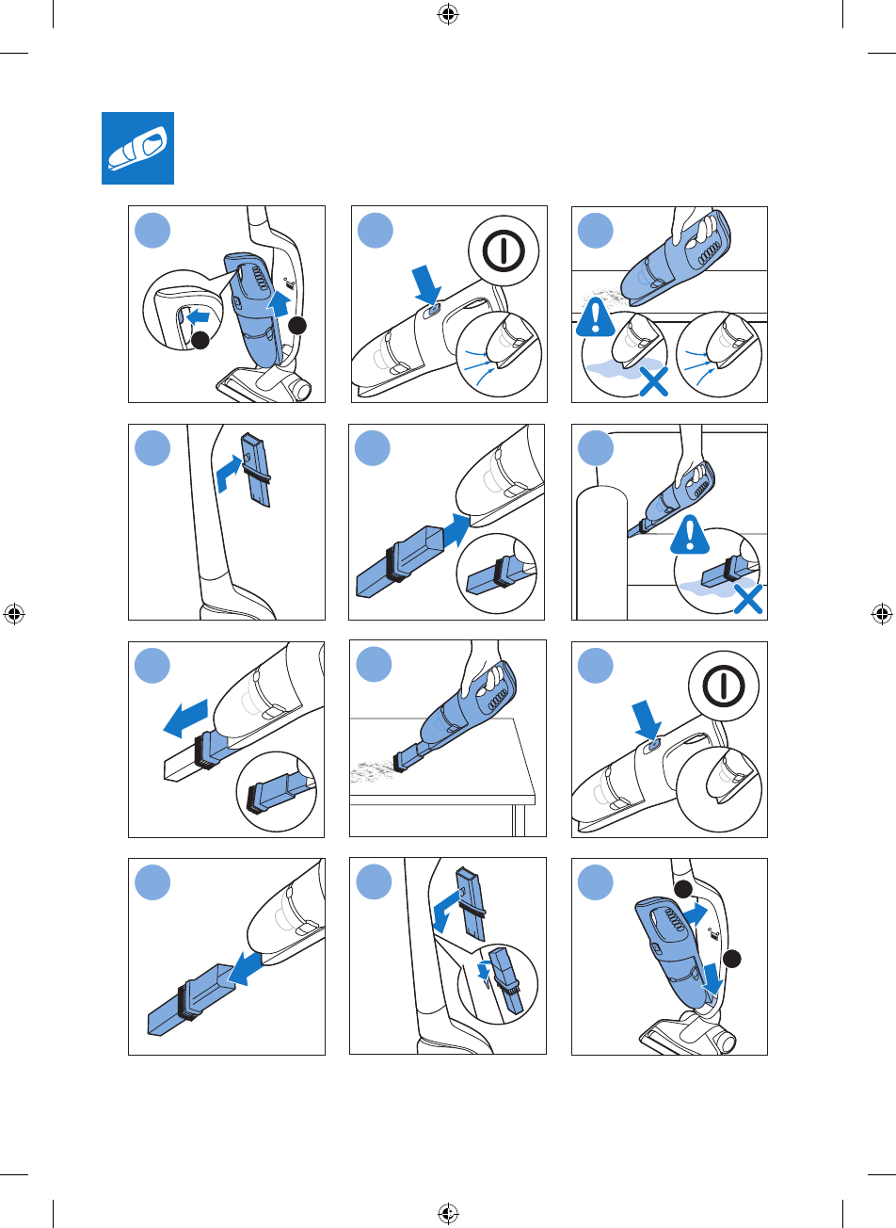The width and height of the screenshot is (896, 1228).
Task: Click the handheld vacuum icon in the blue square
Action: [138, 149]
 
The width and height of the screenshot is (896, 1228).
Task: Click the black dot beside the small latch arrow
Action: [199, 341]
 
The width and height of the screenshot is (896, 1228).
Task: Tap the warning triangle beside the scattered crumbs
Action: [595, 319]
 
